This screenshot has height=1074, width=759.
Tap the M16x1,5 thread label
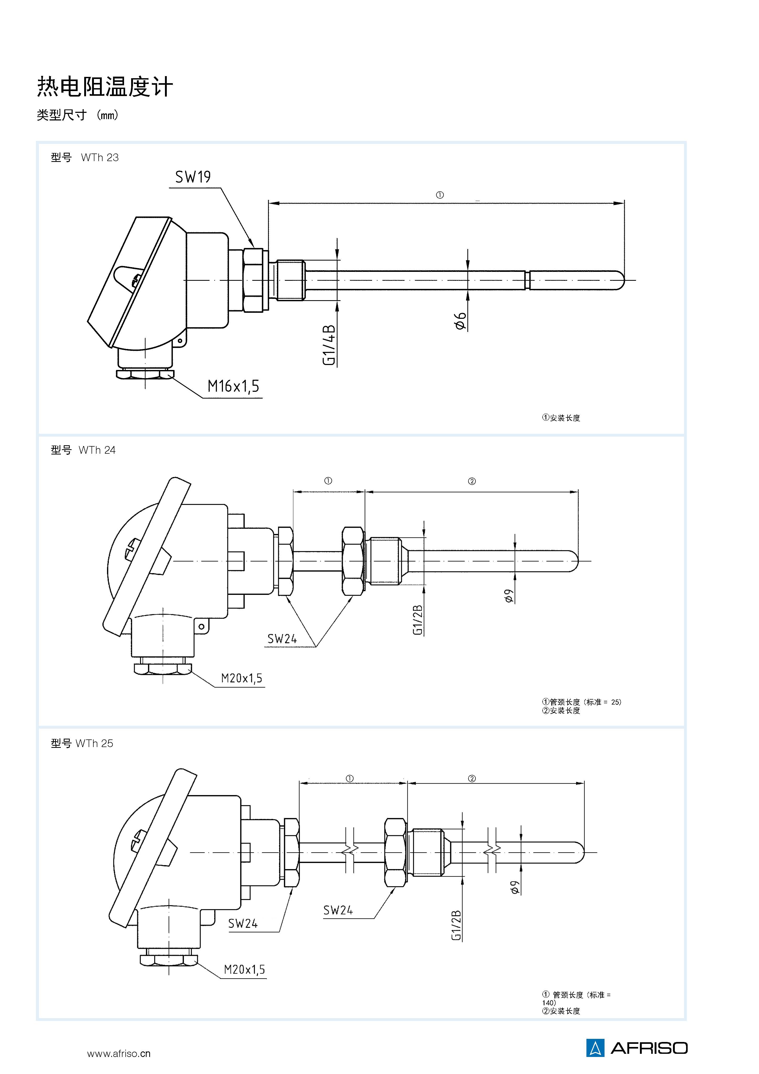pos(233,386)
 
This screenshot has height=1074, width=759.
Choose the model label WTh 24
pos(97,450)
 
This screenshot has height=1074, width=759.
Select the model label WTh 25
pos(94,743)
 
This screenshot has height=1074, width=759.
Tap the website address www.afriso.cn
pos(119,1054)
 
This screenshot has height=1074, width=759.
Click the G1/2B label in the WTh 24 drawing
pos(418,620)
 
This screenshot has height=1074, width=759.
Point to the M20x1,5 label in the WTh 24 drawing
pos(241,678)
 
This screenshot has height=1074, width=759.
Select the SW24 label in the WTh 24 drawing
pos(282,639)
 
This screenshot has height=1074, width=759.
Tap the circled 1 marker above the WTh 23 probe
pos(440,195)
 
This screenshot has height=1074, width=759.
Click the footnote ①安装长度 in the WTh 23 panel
pos(561,418)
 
